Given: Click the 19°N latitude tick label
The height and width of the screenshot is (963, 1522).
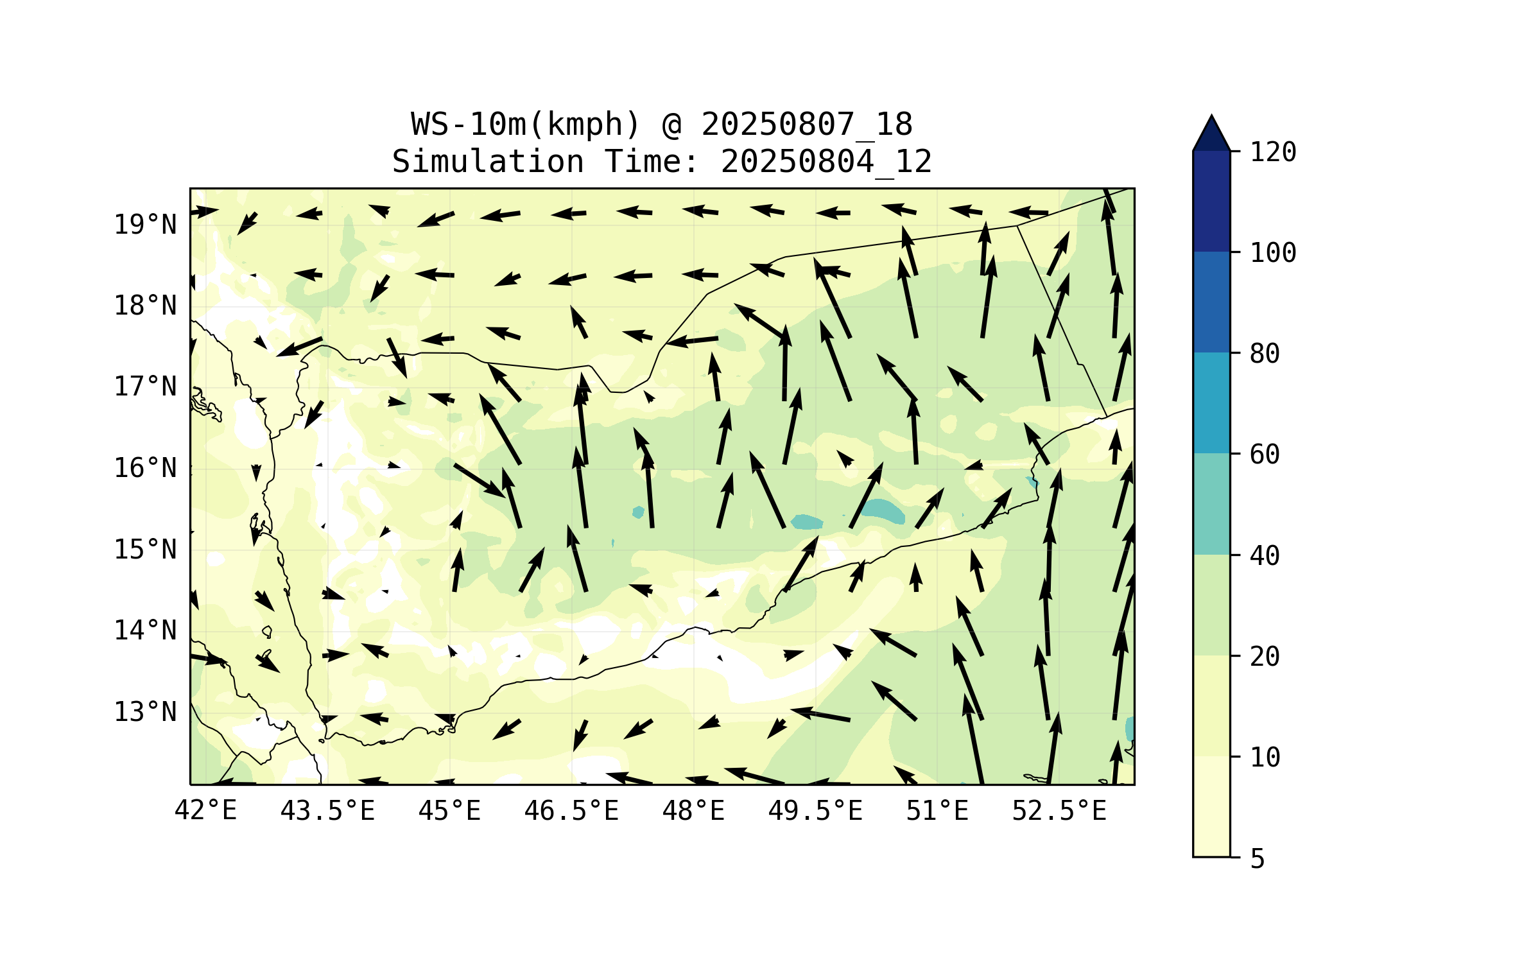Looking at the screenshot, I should pos(145,225).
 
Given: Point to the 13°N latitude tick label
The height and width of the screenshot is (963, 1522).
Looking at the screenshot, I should pos(145,712).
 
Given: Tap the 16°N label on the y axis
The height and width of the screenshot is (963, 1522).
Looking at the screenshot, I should pos(145,468).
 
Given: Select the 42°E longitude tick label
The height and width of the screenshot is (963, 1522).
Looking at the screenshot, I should pos(205,811).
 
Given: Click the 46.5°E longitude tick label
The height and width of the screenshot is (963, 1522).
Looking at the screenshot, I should pos(571,811).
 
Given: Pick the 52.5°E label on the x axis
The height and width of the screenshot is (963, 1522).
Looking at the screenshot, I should pos(1059,811).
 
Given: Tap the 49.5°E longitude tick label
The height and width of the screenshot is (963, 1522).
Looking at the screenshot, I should pos(815,811).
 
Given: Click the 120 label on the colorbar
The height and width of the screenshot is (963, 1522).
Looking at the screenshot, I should pos(1273,152).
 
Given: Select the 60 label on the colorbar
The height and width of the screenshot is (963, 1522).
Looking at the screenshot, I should pos(1265,455).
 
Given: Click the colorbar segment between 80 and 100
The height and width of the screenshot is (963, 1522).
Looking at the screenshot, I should pos(1211,302).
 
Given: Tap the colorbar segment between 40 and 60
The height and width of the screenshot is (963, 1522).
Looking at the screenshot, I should pos(1211,504).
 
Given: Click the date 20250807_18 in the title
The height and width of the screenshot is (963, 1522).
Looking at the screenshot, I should pos(806,125).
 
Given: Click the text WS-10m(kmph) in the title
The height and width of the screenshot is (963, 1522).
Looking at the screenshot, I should pos(526,125).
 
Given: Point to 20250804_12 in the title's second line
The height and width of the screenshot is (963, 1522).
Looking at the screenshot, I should pos(826,162).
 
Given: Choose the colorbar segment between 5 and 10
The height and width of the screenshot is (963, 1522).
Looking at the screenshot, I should pos(1211,806).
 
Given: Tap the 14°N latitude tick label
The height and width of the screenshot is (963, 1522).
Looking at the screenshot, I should pos(145,630).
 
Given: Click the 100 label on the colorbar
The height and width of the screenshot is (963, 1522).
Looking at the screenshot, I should pos(1273,253).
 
